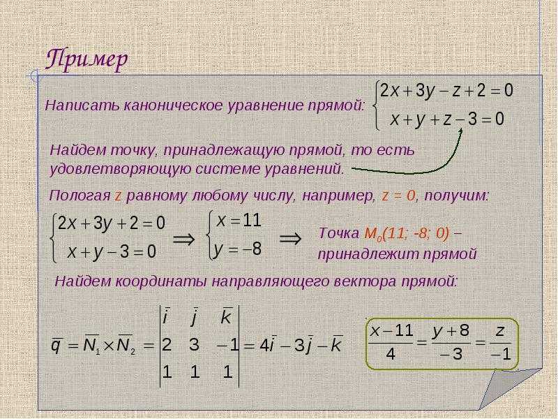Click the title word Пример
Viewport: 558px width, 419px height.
coord(86,59)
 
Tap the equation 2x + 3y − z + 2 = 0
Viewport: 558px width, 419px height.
coord(446,91)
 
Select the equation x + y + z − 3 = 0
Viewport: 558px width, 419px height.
coord(447,119)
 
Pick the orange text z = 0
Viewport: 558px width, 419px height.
coord(398,196)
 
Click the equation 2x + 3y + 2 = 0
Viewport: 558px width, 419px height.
coord(112,224)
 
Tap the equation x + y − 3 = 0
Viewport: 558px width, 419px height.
coord(112,252)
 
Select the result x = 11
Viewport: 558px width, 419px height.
coord(239,221)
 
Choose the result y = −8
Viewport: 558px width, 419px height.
coord(238,249)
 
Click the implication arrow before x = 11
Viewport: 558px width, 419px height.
coord(184,238)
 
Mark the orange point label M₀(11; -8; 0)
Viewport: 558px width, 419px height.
coord(407,234)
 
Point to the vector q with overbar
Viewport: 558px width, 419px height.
coord(56,345)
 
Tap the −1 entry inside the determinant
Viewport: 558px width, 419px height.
coord(227,345)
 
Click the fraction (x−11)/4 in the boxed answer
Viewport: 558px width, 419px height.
coord(391,342)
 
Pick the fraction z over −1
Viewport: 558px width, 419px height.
coord(500,342)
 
